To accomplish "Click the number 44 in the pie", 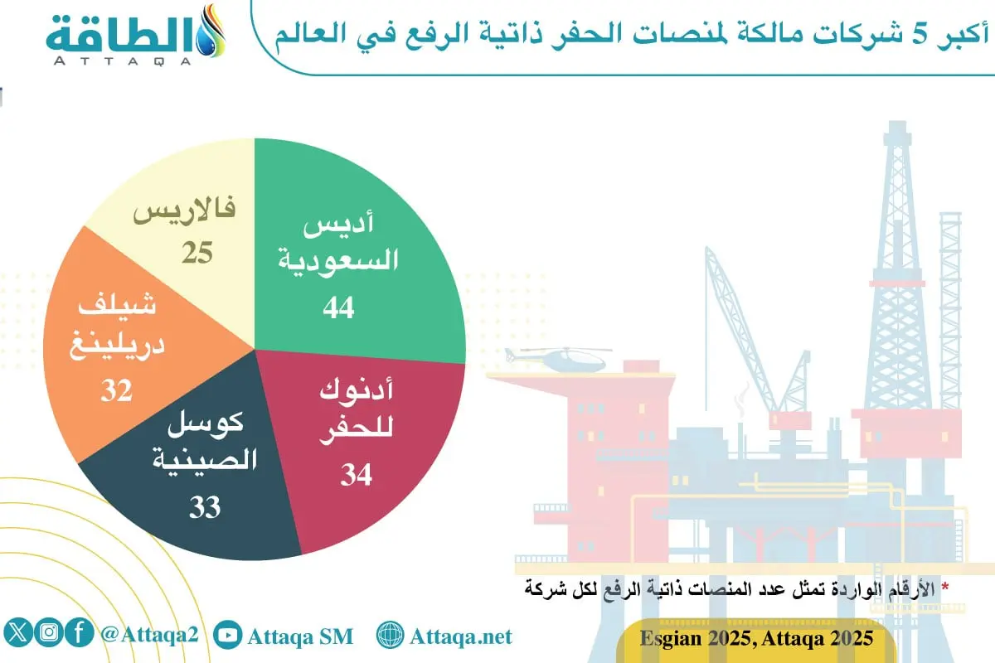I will click(x=339, y=307).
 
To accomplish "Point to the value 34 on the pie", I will click(x=356, y=475).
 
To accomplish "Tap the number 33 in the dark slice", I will click(x=205, y=506).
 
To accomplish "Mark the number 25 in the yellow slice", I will click(x=197, y=253).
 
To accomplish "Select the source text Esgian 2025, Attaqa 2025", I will click(x=756, y=638).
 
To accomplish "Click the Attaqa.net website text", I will click(x=461, y=636).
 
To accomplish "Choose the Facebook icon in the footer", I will click(x=79, y=634).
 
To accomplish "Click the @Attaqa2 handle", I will click(x=150, y=636).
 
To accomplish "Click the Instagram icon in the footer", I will click(x=50, y=634).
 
